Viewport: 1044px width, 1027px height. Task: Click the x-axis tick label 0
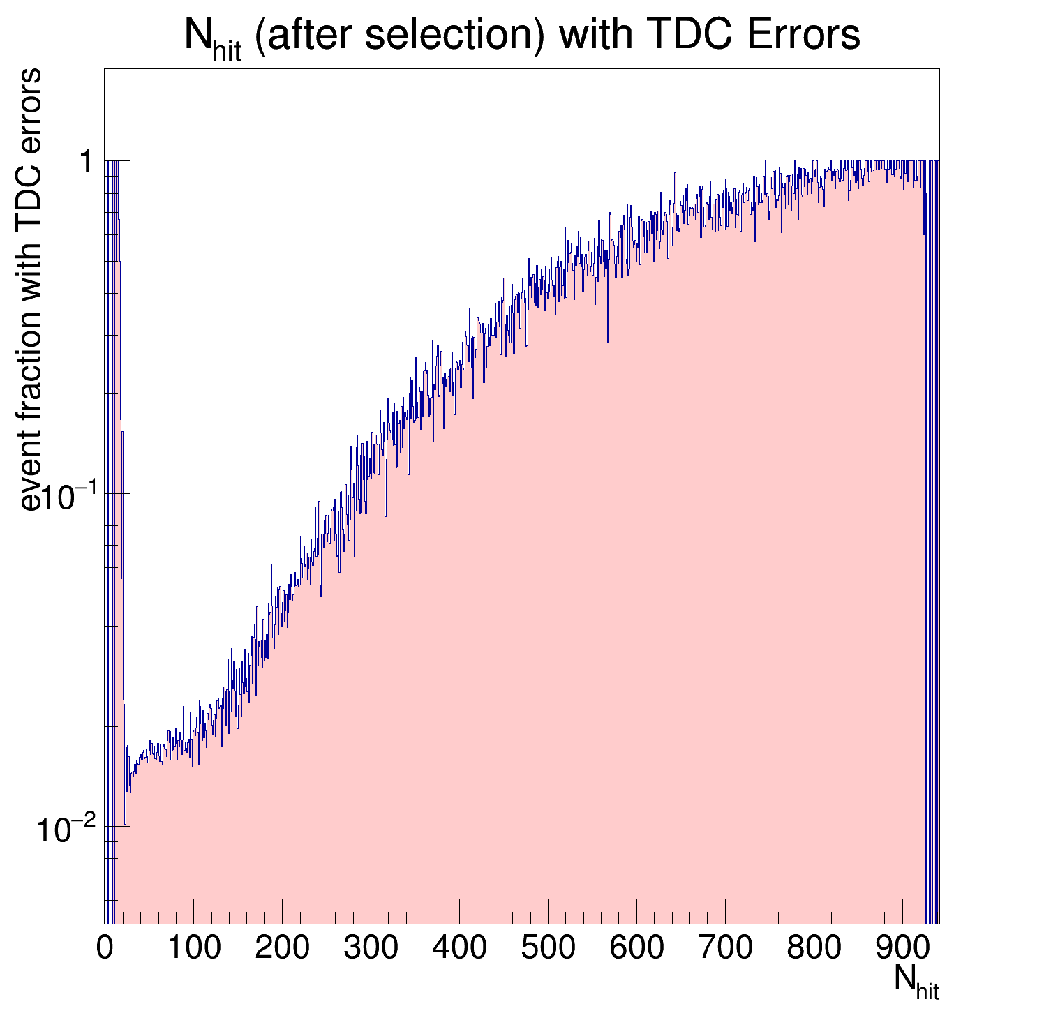(105, 948)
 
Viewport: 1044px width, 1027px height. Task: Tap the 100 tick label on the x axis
(193, 948)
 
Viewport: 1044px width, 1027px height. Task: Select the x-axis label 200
(282, 948)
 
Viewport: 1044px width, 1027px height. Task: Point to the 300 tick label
(371, 948)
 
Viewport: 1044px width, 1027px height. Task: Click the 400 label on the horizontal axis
(459, 948)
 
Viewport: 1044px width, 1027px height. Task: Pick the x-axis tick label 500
(548, 948)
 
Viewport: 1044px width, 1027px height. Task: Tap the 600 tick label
(636, 948)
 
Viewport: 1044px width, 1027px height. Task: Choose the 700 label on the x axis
(725, 948)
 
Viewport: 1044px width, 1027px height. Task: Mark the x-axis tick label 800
(814, 948)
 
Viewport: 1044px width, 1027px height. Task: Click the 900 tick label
(902, 948)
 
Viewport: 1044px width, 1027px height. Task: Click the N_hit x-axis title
(916, 982)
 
